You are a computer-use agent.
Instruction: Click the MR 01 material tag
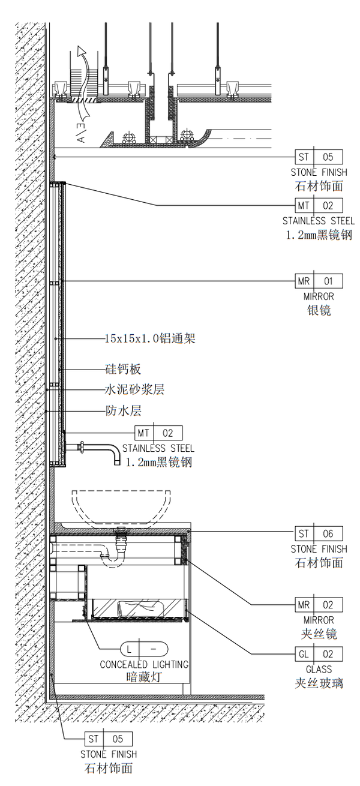click(x=319, y=281)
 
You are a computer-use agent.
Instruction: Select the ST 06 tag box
click(x=319, y=533)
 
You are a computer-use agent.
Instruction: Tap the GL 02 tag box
click(x=319, y=654)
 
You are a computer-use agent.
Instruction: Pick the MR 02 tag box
click(x=319, y=605)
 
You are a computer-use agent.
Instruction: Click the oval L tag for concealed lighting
click(x=144, y=649)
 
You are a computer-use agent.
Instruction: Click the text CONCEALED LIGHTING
click(x=144, y=665)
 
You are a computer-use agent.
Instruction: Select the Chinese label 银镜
click(x=319, y=310)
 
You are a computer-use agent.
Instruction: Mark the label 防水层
click(x=123, y=411)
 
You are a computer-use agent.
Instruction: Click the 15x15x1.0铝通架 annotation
click(x=150, y=338)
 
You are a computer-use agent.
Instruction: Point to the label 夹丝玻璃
click(x=319, y=683)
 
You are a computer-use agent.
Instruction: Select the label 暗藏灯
click(x=144, y=677)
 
